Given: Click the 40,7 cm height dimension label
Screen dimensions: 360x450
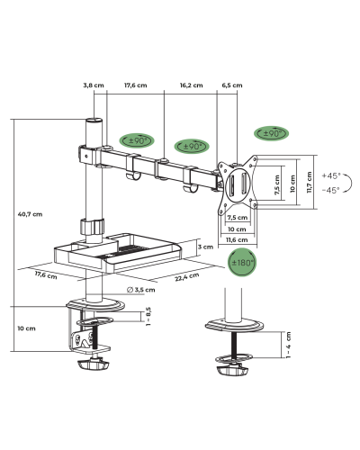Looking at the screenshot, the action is tap(30, 214).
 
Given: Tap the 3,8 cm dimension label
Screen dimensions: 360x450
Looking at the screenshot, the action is tap(94, 85).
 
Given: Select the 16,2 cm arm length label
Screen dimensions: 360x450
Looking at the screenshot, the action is tap(192, 85).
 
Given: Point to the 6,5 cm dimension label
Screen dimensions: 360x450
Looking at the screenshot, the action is tap(232, 85).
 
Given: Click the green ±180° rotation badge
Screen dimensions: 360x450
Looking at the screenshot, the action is tap(242, 263).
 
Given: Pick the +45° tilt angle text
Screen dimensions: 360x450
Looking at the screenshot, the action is tap(331, 175).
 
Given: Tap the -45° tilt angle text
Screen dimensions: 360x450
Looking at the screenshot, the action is tap(331, 190).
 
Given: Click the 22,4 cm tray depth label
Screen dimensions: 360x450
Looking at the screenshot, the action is tap(187, 276).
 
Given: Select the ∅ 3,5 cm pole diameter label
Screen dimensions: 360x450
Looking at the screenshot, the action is tap(140, 290).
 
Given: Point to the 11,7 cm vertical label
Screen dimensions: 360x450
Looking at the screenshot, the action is tap(310, 182).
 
